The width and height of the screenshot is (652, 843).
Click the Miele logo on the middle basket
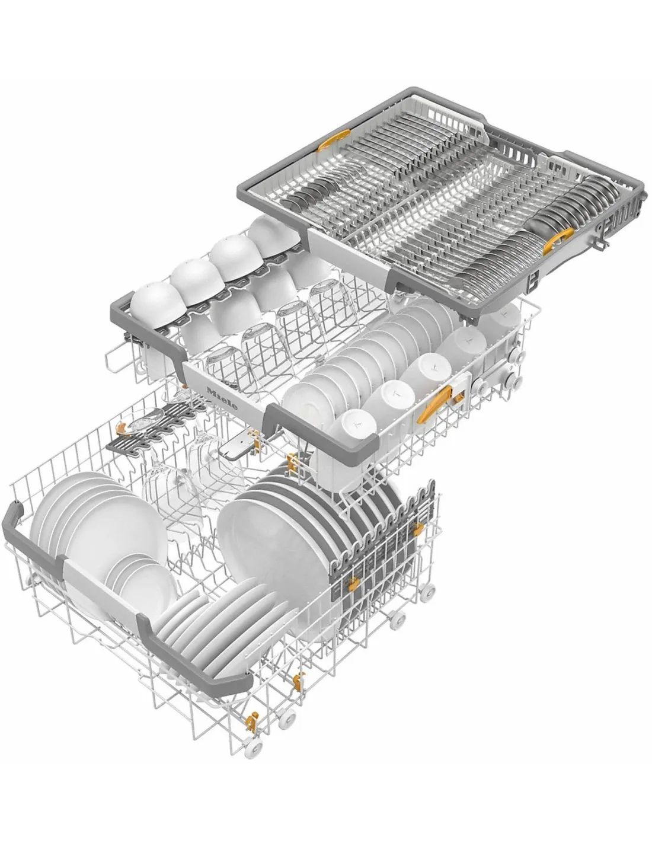(x=223, y=397)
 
